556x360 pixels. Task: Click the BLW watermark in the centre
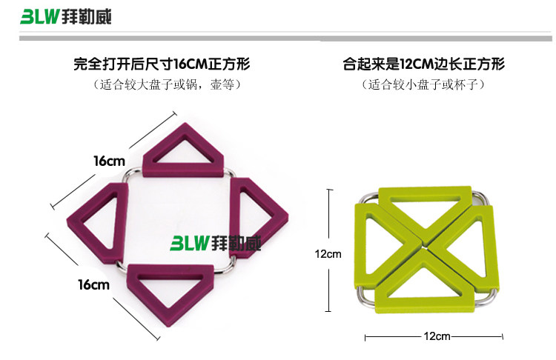[216, 243]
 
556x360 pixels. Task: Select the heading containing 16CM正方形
[164, 64]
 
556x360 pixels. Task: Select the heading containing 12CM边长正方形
[423, 64]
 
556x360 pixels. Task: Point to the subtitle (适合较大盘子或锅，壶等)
[164, 85]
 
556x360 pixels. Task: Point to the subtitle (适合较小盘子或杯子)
[424, 85]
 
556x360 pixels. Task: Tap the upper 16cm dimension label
[109, 161]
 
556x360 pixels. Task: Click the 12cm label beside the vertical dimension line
[327, 254]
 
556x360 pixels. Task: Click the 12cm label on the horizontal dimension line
[437, 336]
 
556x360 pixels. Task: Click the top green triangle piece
[425, 199]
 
